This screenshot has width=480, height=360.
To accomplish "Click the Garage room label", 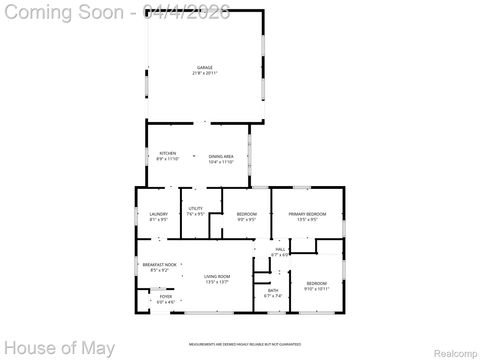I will (x=204, y=67).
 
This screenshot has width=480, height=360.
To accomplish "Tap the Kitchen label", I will (x=167, y=153).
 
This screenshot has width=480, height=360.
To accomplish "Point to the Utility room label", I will (x=195, y=208).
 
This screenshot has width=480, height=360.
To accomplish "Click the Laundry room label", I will (x=158, y=213).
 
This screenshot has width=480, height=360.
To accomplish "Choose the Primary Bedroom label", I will (x=307, y=213).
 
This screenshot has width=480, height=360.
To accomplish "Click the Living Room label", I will (x=217, y=276).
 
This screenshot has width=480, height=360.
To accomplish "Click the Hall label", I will (x=280, y=249).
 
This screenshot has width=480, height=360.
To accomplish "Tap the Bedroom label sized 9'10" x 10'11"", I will (x=316, y=283).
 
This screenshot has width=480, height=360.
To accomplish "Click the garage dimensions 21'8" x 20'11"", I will (x=204, y=73).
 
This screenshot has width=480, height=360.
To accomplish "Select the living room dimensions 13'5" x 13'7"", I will (x=217, y=282).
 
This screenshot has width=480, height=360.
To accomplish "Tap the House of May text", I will (x=58, y=348).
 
